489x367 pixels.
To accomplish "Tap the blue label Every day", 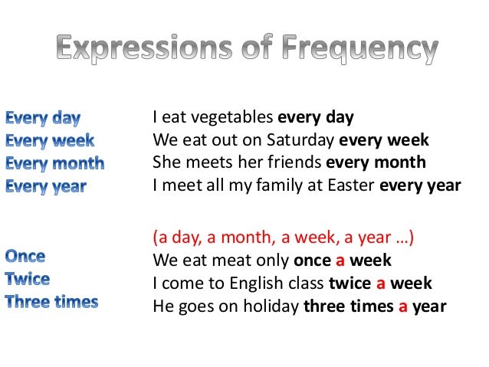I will [44, 118].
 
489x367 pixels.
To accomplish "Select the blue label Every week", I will [51, 140].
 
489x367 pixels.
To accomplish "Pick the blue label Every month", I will [55, 162].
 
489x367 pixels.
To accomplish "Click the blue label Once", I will [25, 256].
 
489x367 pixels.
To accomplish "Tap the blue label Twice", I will [28, 278].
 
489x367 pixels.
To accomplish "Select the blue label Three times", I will [52, 301].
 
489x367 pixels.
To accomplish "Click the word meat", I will [244, 260].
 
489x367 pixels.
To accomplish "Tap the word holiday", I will [270, 305].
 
